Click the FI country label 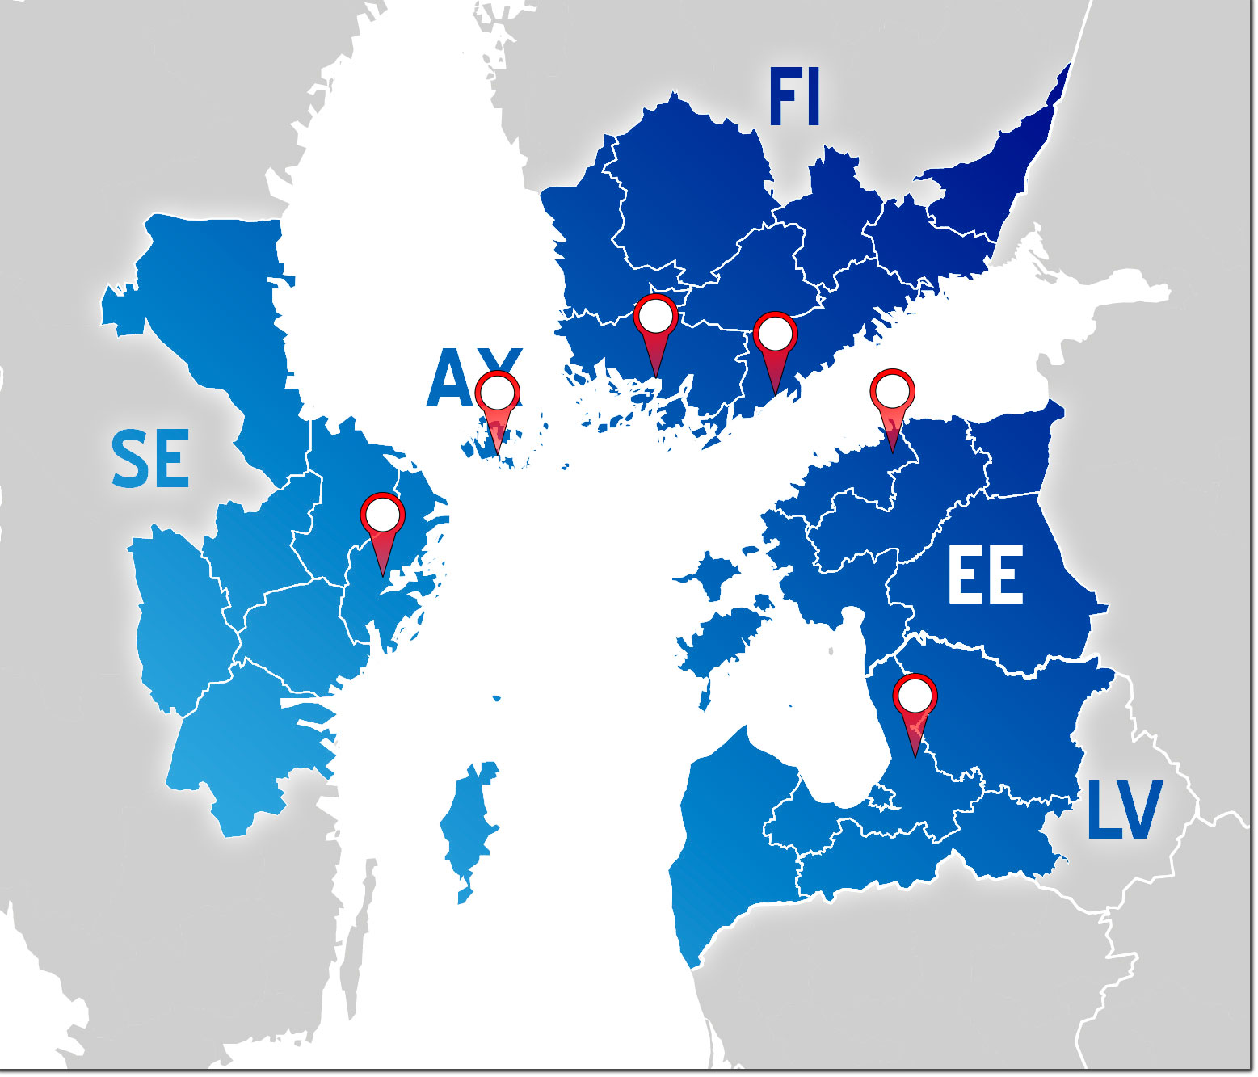794,98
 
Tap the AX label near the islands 465,378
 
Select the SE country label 150,459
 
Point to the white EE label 985,575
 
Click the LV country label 1124,810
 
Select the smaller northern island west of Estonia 711,574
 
